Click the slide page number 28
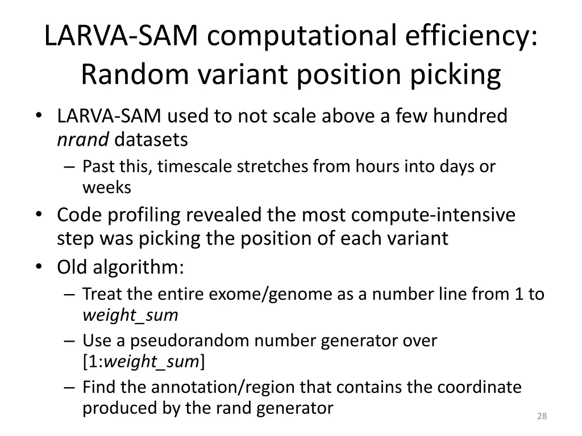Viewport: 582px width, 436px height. (542, 417)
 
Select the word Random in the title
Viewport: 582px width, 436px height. (132, 74)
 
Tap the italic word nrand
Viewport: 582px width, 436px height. (83, 139)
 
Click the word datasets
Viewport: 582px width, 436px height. (151, 139)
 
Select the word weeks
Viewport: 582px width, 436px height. (107, 187)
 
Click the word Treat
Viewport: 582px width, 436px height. (99, 294)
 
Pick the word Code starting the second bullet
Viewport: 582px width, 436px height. (78, 215)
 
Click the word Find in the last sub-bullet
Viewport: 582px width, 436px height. (100, 387)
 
